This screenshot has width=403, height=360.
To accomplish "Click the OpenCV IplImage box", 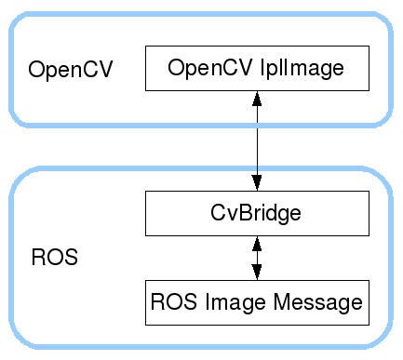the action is [x=257, y=68].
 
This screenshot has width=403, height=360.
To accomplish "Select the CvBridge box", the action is [x=257, y=213].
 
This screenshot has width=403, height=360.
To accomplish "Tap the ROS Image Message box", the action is [x=257, y=302].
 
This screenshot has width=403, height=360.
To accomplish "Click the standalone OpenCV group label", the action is [x=71, y=70].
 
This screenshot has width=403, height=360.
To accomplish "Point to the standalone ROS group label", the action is [x=55, y=257].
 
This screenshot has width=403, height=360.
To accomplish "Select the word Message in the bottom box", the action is [x=317, y=302].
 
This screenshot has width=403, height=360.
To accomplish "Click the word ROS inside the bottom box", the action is [x=173, y=301].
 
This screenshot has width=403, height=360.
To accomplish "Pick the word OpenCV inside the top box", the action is [x=210, y=69].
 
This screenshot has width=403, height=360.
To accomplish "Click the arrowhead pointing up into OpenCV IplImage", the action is [x=257, y=99].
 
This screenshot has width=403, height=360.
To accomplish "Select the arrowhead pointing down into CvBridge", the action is [x=257, y=183].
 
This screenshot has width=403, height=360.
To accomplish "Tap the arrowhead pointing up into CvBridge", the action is [x=257, y=244].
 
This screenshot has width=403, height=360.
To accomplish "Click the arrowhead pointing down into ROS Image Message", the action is [x=257, y=273].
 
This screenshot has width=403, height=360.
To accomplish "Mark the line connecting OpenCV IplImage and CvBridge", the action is [x=257, y=140].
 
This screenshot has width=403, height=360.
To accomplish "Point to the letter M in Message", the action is [x=282, y=301].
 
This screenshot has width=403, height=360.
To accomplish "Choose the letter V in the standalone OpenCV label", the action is [x=105, y=69].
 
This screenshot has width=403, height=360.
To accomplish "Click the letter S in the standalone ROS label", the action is [x=70, y=257].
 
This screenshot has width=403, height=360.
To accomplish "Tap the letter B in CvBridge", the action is [x=247, y=213].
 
